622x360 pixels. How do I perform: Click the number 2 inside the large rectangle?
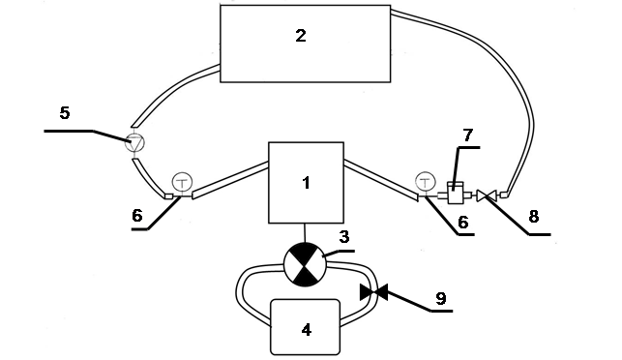[301, 36]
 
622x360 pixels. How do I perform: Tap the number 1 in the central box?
[306, 183]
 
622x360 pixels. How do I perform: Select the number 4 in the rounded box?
[307, 330]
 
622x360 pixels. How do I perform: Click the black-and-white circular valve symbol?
[305, 264]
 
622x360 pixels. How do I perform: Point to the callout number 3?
[344, 237]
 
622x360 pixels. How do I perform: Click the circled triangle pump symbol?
[134, 143]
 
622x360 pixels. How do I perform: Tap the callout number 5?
[65, 113]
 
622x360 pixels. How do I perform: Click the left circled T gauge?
[182, 183]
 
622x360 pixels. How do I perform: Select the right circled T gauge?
[425, 182]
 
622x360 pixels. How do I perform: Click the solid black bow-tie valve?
[373, 292]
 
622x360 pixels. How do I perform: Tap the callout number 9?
[441, 298]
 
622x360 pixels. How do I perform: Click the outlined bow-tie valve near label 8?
[487, 195]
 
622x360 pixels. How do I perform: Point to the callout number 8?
[534, 217]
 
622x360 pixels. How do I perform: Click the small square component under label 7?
[455, 194]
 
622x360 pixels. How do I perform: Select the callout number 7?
[468, 135]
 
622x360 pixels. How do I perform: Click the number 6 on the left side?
[136, 216]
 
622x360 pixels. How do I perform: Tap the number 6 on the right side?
[463, 223]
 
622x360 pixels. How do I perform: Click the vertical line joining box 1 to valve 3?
[305, 233]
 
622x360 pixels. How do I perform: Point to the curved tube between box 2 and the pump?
[166, 88]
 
